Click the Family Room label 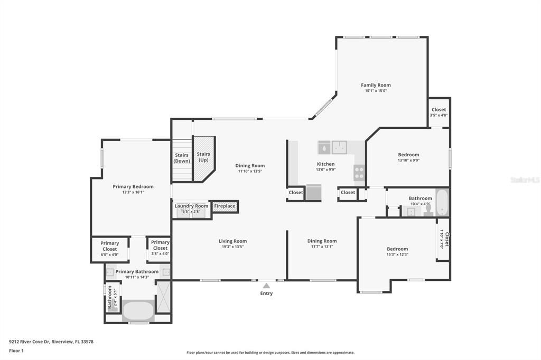click(376, 85)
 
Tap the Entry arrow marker click(266, 286)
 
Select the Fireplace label click(225, 206)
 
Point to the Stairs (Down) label click(182, 158)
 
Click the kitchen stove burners click(359, 173)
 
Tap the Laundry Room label click(191, 206)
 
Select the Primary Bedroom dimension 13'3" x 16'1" click(133, 192)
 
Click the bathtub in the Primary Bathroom click(138, 310)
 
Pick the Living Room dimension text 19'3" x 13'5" click(232, 247)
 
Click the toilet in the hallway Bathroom click(427, 211)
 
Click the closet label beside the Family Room click(439, 110)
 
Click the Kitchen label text click(325, 164)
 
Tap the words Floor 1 click(17, 350)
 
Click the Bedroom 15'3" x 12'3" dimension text click(397, 254)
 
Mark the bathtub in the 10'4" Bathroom click(442, 203)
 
